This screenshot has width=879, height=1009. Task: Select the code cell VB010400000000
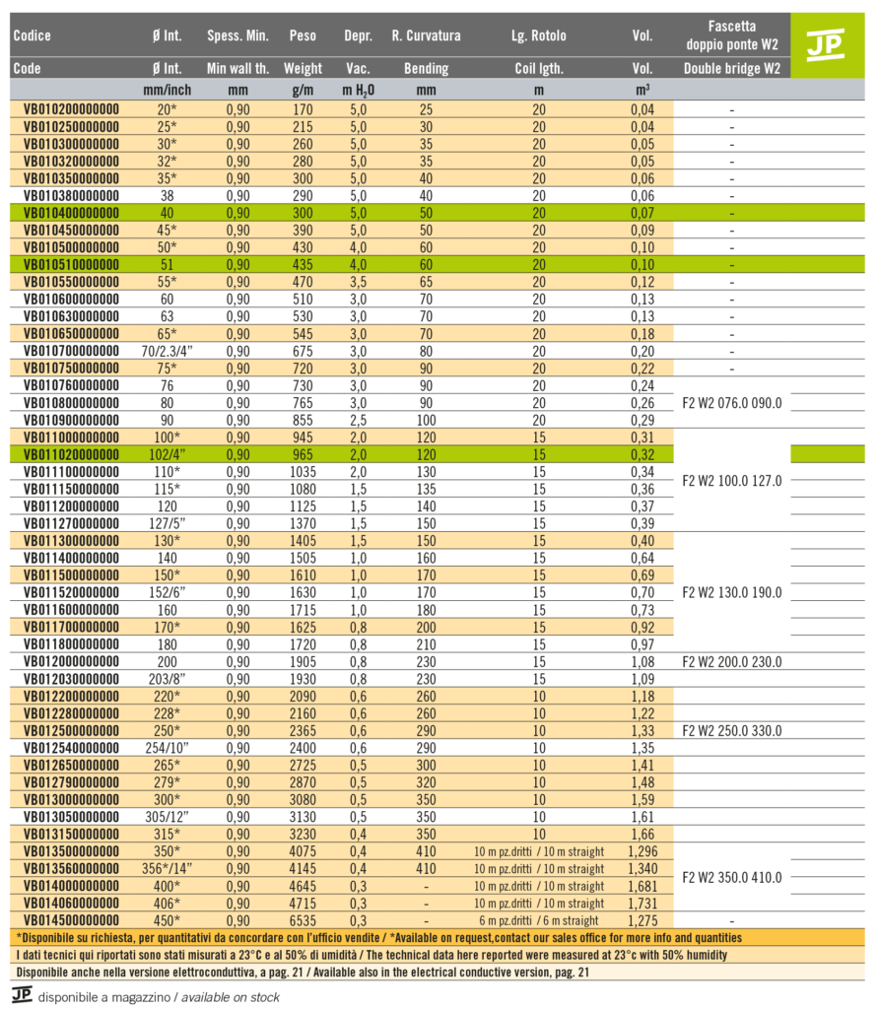(x=71, y=213)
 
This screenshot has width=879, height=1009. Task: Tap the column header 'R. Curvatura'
(x=426, y=36)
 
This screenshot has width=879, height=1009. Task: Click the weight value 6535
(x=303, y=920)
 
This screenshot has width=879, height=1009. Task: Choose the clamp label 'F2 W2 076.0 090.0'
(x=731, y=403)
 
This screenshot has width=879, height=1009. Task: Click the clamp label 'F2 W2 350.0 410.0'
(x=731, y=877)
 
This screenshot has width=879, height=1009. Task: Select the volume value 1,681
(x=642, y=886)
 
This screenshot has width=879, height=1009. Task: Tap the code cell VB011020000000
(x=71, y=454)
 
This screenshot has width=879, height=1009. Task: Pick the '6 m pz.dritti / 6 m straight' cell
(x=538, y=920)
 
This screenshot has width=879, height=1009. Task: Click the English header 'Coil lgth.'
(x=538, y=69)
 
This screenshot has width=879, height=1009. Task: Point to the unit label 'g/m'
(x=303, y=90)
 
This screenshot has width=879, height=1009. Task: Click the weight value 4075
(x=303, y=851)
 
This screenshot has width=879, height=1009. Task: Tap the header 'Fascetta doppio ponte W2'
(x=731, y=35)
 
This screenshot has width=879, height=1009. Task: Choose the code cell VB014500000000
(x=71, y=920)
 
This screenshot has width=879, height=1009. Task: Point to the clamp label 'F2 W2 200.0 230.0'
(x=731, y=662)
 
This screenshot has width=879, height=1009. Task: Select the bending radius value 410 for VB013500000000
(x=426, y=851)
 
